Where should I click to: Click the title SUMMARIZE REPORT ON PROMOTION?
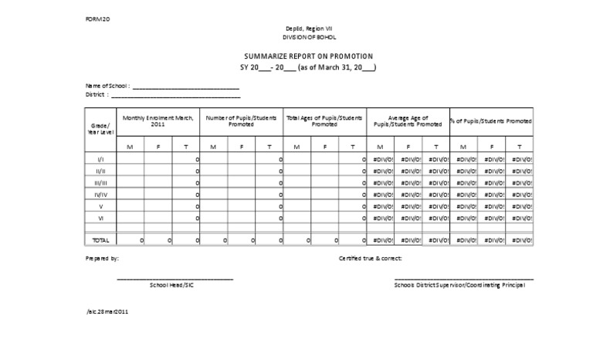(308, 56)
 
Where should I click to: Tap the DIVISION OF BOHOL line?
(308, 37)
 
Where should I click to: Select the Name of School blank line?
(185, 87)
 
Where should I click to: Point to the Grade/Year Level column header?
(100, 128)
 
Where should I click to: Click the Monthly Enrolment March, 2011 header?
(158, 121)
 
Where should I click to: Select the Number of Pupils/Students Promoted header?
(241, 121)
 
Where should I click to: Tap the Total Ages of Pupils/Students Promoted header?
(324, 121)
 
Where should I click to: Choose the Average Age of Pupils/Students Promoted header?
(408, 121)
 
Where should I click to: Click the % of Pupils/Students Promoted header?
(491, 121)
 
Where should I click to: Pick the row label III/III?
(100, 182)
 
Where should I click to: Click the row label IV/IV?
(100, 195)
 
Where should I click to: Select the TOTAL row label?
(100, 240)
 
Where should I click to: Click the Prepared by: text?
(102, 259)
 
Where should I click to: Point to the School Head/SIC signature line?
(175, 278)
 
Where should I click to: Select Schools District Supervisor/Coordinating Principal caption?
(459, 285)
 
